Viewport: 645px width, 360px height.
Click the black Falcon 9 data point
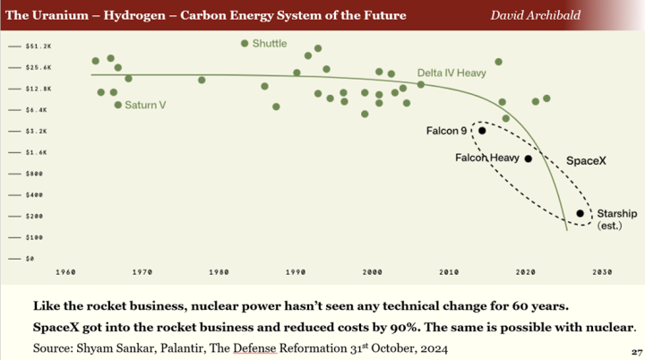click(x=482, y=131)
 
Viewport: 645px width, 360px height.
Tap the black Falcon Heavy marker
click(x=528, y=159)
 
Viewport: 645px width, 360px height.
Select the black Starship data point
click(x=580, y=213)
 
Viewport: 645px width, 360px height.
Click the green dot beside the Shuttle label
click(x=245, y=43)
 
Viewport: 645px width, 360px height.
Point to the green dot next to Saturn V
click(x=117, y=105)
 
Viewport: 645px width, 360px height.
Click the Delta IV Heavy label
click(x=452, y=73)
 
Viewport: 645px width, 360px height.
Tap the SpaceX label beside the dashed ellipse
click(x=587, y=160)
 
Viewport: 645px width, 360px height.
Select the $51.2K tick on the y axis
click(x=39, y=46)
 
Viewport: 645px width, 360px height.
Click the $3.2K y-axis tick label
click(x=39, y=131)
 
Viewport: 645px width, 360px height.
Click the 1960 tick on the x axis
click(x=65, y=271)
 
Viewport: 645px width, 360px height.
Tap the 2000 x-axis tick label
click(x=372, y=271)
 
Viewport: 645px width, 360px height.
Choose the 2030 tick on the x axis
click(x=602, y=271)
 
